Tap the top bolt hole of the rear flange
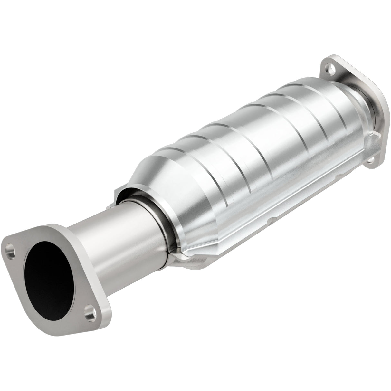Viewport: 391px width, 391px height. point(329,68)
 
